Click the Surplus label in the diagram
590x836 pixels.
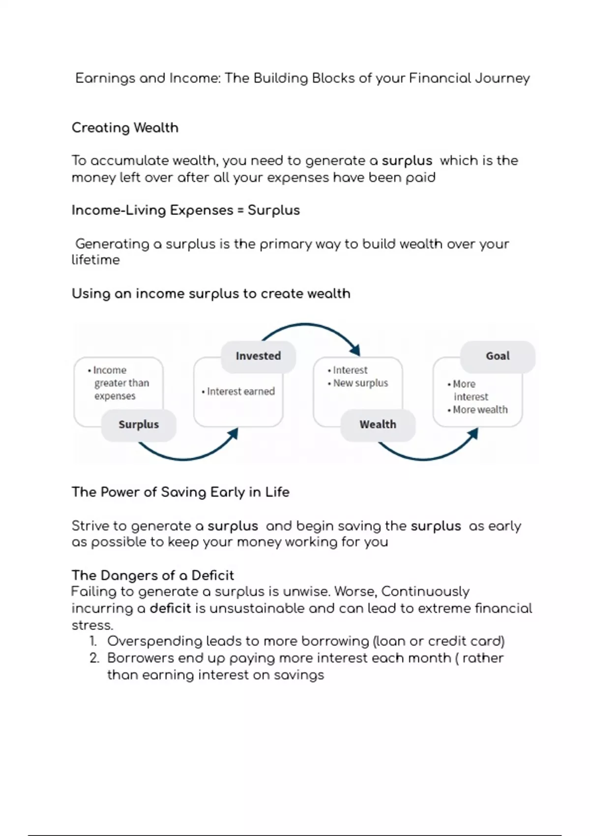[139, 424]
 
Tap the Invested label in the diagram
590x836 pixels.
[258, 356]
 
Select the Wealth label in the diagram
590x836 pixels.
[378, 424]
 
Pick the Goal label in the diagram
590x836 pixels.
[498, 356]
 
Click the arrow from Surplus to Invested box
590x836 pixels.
[187, 457]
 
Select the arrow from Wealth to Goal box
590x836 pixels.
[426, 457]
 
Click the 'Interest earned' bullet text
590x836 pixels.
[240, 391]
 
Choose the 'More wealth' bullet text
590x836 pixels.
[480, 410]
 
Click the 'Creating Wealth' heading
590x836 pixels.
[125, 128]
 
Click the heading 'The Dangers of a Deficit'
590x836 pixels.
[152, 575]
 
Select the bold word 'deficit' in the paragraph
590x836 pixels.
[170, 608]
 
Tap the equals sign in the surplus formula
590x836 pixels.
[240, 210]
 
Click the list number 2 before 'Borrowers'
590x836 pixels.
[94, 658]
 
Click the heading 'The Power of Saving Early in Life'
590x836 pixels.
[180, 492]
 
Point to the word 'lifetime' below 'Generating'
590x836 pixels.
[95, 260]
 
